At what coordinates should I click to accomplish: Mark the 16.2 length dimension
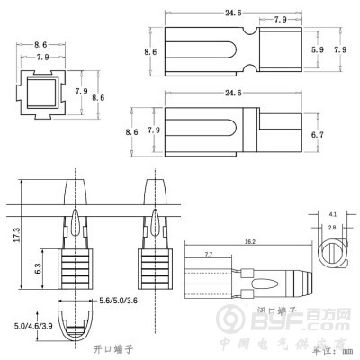click(249, 242)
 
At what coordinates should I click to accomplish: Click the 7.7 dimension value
click(208, 256)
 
